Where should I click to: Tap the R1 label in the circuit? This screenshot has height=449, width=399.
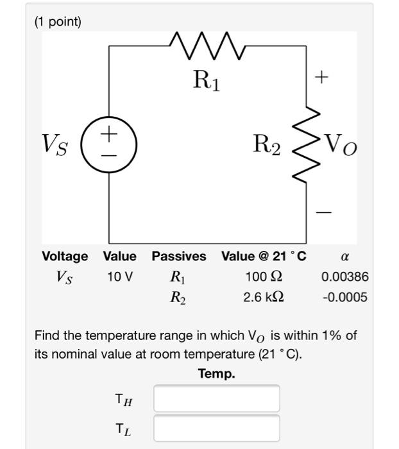(x=207, y=81)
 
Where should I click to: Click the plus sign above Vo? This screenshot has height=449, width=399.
(x=321, y=78)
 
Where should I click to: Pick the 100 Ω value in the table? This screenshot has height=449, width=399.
(x=264, y=277)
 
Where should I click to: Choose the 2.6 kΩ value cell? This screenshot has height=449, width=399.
(x=264, y=298)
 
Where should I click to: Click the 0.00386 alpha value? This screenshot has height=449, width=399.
(x=345, y=277)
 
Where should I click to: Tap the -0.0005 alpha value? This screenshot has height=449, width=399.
(x=344, y=298)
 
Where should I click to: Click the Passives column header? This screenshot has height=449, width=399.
(x=179, y=257)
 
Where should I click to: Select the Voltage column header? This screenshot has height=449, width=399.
(x=65, y=257)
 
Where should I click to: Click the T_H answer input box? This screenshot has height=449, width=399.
(x=216, y=398)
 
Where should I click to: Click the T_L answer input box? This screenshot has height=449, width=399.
(x=216, y=428)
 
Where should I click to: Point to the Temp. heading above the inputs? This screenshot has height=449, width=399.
(x=216, y=374)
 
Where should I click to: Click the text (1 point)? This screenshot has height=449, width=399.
(x=58, y=22)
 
